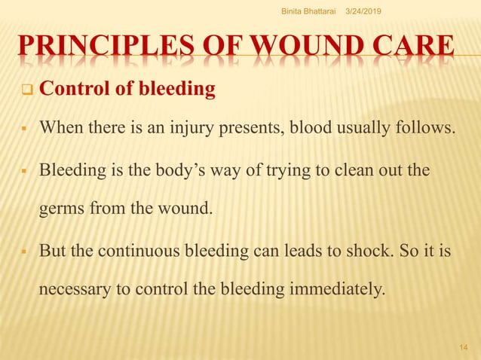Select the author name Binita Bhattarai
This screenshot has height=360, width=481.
click(310, 10)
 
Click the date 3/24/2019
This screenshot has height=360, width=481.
click(363, 10)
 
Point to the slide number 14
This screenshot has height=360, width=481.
click(464, 346)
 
